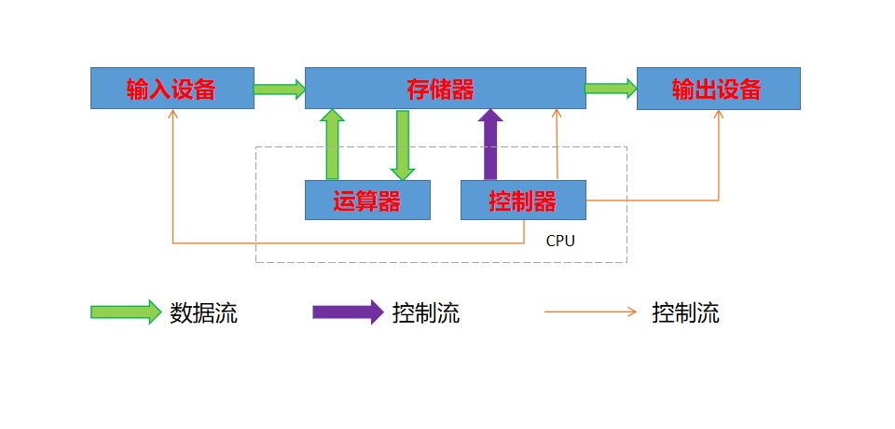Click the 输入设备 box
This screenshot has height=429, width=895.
(x=172, y=89)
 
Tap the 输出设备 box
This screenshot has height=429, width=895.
(x=718, y=89)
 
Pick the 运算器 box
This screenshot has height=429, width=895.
(x=367, y=201)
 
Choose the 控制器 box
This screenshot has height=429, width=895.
(x=523, y=201)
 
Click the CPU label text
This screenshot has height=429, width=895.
(x=560, y=241)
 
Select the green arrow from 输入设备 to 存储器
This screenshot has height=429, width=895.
(x=280, y=90)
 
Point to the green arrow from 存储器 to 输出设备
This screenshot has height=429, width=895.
(x=611, y=89)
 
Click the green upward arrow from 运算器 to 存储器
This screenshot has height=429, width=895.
(x=332, y=145)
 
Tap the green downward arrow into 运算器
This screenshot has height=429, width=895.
(x=402, y=145)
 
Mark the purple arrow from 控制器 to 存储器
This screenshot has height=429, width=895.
(x=490, y=145)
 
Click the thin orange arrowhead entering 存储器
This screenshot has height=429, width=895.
(x=557, y=114)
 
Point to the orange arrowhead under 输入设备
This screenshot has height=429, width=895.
(x=172, y=114)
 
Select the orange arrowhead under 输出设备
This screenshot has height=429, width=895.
(x=718, y=114)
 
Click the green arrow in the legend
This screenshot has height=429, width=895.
(x=126, y=312)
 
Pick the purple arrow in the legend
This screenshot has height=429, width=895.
(x=348, y=312)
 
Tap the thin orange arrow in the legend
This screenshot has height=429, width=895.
(x=591, y=312)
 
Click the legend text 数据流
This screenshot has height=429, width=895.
(x=203, y=312)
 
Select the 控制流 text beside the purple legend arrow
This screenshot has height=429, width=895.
(x=426, y=312)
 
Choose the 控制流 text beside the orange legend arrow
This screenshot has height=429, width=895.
(x=685, y=312)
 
